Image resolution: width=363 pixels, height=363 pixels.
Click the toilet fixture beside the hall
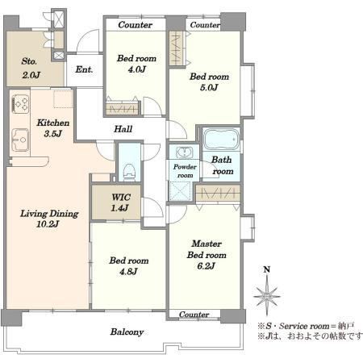pos(129,172)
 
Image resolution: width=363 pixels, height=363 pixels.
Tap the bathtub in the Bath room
pos(221,139)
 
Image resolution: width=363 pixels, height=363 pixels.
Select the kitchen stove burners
pos(21,104)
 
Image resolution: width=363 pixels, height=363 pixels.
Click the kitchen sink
pos(20,140)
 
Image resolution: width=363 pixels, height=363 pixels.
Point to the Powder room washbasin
pos(185,152)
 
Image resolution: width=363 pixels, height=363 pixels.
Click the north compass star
pos(267,297)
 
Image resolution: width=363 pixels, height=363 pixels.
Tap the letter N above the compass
pos(267,269)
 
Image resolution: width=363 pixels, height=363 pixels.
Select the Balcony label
pos(127,332)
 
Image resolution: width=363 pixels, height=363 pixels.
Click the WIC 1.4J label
pos(121,202)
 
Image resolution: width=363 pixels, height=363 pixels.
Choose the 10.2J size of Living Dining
pos(48,224)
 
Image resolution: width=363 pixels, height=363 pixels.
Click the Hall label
pos(123,129)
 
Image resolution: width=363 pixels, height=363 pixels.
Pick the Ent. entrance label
pos(84,69)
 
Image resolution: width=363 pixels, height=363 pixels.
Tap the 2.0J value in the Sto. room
pos(31,75)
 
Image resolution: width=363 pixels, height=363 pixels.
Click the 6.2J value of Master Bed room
pos(206,266)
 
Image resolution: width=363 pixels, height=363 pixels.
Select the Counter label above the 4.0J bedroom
pos(136,25)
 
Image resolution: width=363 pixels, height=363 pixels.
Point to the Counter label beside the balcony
pos(194,315)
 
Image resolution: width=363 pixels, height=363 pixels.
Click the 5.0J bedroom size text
pos(209,88)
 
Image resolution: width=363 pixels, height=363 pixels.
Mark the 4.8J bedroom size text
pos(128,272)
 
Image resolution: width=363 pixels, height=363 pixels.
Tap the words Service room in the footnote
pos(304,326)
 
